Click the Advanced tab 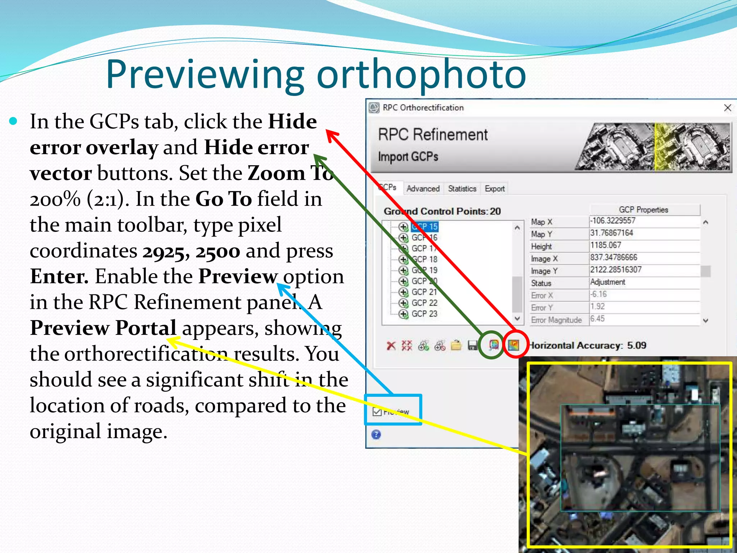[x=423, y=189]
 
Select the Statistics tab [x=462, y=189]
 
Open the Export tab [x=494, y=189]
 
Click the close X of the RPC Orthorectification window [x=727, y=108]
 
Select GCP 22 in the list [x=424, y=303]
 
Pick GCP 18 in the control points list [x=424, y=259]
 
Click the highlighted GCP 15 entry [x=425, y=226]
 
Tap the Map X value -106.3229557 [x=612, y=221]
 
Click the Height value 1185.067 [x=606, y=245]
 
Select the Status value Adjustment [x=608, y=282]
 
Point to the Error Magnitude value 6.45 [x=597, y=319]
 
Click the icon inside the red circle [x=514, y=345]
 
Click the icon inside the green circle [x=494, y=345]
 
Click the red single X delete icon [x=391, y=346]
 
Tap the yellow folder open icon [x=456, y=346]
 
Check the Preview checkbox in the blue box [x=377, y=412]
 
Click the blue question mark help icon [x=376, y=435]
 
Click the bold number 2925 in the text [x=164, y=251]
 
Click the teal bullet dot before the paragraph [x=13, y=121]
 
